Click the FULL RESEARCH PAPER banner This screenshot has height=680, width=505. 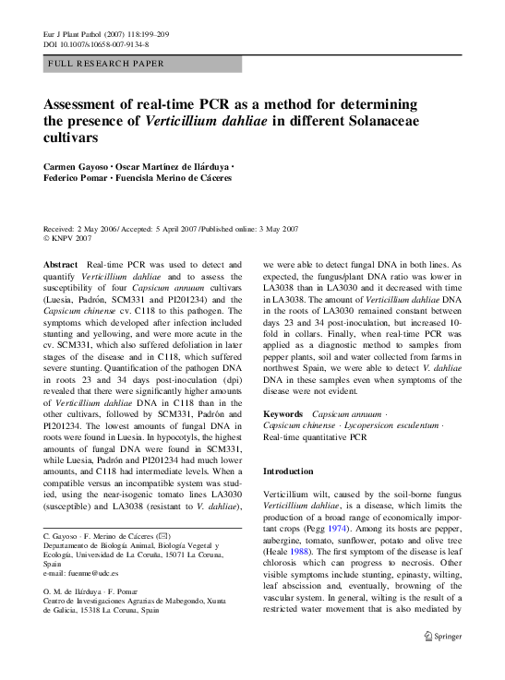click(142, 64)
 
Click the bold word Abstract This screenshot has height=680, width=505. click(61, 265)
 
